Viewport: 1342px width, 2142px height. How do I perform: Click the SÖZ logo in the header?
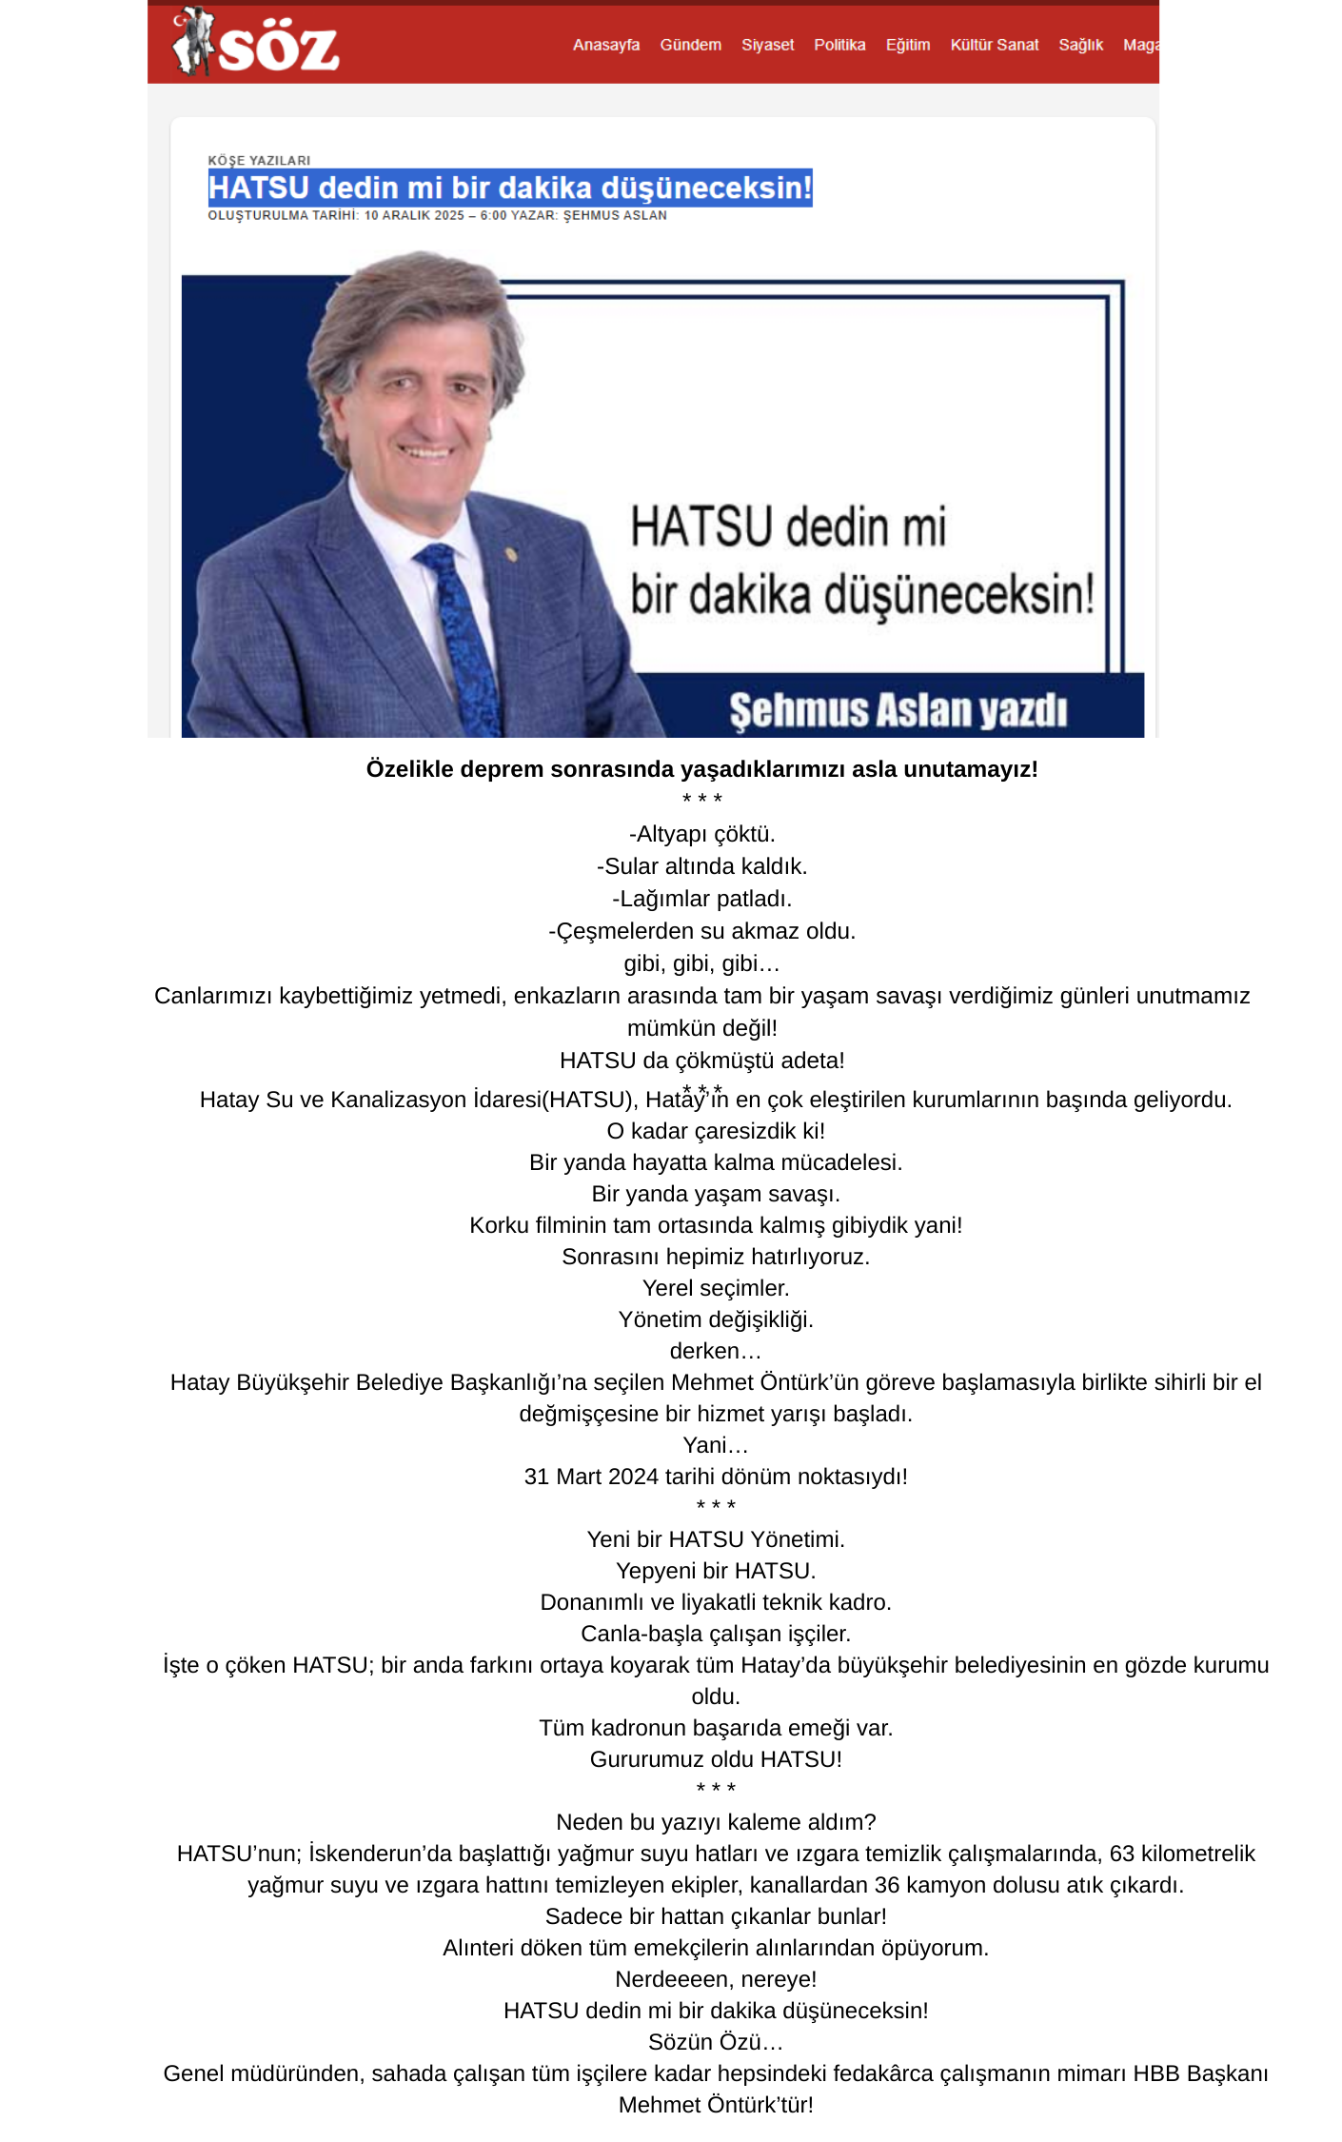[255, 43]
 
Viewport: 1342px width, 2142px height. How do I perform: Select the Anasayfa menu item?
[605, 45]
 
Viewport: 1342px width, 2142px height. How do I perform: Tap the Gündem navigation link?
[690, 45]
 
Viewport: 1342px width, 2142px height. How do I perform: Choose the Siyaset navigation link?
[767, 45]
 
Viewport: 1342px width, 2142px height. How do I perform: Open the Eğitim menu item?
[907, 45]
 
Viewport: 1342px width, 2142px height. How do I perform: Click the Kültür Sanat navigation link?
[994, 45]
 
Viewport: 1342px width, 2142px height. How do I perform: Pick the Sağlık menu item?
[1080, 45]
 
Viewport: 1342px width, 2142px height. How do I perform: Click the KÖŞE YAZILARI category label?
[259, 161]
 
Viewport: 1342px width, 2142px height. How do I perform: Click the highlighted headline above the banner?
[509, 188]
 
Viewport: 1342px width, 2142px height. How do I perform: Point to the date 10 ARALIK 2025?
[414, 216]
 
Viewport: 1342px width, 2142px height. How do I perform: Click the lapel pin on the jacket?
[511, 554]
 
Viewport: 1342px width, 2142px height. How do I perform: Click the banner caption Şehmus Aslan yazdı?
[898, 711]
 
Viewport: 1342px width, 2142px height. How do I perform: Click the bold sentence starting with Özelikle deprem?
[701, 769]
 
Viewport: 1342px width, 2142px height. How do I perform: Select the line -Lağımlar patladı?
[701, 899]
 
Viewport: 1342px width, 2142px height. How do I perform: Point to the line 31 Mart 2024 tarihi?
[716, 1477]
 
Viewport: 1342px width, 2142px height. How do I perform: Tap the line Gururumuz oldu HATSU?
[716, 1759]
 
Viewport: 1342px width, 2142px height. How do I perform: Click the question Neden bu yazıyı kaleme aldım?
[716, 1822]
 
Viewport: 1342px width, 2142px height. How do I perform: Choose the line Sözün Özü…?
[716, 2042]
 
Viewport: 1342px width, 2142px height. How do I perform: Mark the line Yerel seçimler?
[716, 1288]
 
